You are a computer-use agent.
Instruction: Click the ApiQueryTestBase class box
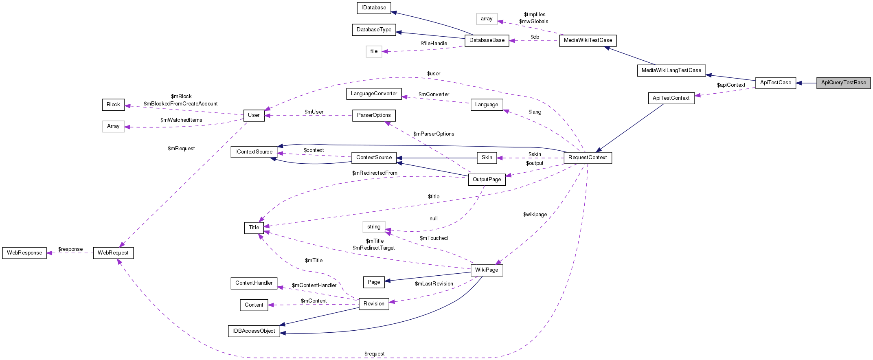(843, 83)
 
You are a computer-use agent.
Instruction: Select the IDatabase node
(374, 8)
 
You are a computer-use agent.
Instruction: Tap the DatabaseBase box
(487, 40)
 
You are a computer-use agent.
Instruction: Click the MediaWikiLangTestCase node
(671, 70)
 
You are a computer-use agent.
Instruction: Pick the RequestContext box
(588, 158)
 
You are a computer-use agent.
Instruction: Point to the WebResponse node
(24, 253)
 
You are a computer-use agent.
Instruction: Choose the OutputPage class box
(487, 180)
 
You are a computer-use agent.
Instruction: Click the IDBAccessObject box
(254, 331)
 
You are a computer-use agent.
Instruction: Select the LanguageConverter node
(374, 94)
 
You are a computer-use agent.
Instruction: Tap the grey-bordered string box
(374, 227)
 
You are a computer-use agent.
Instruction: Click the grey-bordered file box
(374, 51)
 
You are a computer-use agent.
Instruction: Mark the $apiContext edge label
(731, 85)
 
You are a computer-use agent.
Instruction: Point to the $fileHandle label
(434, 44)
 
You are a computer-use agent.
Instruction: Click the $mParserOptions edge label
(434, 134)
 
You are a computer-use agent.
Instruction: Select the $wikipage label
(535, 215)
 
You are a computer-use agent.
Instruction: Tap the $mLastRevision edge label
(434, 284)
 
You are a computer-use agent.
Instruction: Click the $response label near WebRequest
(70, 249)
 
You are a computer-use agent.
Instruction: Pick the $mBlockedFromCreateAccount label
(180, 104)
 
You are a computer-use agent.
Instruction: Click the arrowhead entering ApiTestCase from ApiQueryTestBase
(799, 83)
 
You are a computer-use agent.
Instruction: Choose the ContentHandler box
(254, 283)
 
